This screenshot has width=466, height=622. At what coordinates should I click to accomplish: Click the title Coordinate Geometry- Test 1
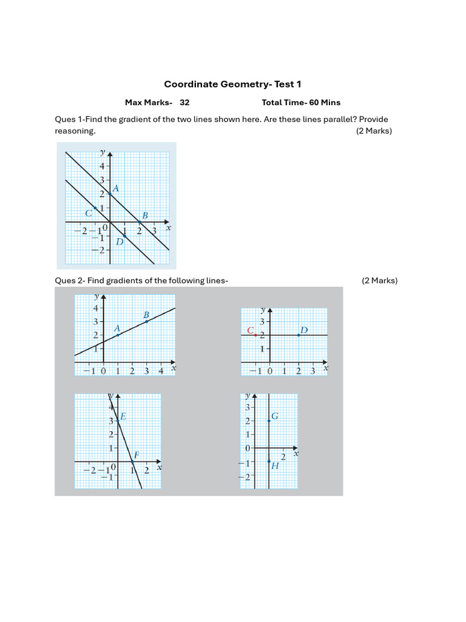click(232, 84)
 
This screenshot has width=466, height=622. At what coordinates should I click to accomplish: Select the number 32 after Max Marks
click(184, 103)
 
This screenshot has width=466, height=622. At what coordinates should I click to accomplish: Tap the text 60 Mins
click(325, 103)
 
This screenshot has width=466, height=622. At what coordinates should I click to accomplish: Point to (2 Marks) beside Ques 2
click(379, 281)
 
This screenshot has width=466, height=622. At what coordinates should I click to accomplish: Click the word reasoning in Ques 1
click(75, 131)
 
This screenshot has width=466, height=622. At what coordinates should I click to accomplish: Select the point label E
click(123, 417)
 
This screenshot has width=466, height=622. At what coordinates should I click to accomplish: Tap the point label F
click(136, 454)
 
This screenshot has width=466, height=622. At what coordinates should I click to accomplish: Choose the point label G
click(275, 416)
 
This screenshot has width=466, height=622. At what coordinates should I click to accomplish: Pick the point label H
click(275, 466)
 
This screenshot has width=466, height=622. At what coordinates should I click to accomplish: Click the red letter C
click(250, 330)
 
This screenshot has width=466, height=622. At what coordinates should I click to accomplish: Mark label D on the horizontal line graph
click(304, 330)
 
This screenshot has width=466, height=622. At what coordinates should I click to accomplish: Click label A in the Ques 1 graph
click(115, 189)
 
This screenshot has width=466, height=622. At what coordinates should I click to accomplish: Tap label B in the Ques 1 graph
click(144, 215)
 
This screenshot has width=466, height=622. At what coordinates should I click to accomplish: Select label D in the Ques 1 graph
click(120, 242)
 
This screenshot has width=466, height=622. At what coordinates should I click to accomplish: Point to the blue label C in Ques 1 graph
click(89, 213)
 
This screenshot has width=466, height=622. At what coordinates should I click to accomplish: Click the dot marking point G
click(269, 421)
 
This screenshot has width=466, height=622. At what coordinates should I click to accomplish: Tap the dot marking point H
click(269, 462)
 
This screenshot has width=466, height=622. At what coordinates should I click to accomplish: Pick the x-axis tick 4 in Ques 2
click(161, 371)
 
